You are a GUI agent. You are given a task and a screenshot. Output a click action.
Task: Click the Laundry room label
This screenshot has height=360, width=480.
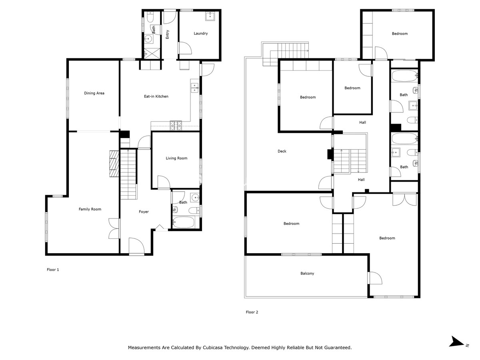(200, 34)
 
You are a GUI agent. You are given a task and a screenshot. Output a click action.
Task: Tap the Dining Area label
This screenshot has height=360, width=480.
(94, 93)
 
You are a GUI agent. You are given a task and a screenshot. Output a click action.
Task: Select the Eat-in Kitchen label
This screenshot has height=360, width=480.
(156, 96)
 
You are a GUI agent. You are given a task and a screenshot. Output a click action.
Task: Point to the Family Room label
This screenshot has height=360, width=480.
(90, 209)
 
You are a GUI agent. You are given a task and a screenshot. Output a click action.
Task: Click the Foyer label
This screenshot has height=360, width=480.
(144, 212)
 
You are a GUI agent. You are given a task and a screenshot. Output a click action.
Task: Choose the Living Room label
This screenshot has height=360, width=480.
(176, 158)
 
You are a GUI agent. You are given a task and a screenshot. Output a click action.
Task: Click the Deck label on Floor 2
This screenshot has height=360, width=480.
(282, 151)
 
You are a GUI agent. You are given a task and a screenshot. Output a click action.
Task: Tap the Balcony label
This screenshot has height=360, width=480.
(307, 274)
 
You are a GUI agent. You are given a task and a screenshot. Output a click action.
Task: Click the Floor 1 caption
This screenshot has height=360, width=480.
(53, 270)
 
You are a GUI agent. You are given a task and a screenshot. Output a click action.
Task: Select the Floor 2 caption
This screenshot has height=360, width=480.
(252, 312)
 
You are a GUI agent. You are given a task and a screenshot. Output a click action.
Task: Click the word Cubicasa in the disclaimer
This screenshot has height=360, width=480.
(213, 347)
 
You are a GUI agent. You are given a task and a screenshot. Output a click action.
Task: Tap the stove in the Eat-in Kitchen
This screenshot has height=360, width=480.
(176, 126)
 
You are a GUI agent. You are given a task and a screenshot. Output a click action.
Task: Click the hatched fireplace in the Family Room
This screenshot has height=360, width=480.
(114, 164)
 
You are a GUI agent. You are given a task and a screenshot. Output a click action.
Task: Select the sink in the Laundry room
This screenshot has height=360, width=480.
(210, 16)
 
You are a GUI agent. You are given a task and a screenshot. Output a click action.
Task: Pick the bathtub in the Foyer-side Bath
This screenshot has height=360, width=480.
(183, 222)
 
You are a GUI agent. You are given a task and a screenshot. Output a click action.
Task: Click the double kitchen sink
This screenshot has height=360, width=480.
(194, 88)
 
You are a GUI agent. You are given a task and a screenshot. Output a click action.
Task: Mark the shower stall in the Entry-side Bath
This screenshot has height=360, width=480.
(152, 54)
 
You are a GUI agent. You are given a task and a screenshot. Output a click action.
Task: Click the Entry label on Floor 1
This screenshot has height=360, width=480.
(167, 34)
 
